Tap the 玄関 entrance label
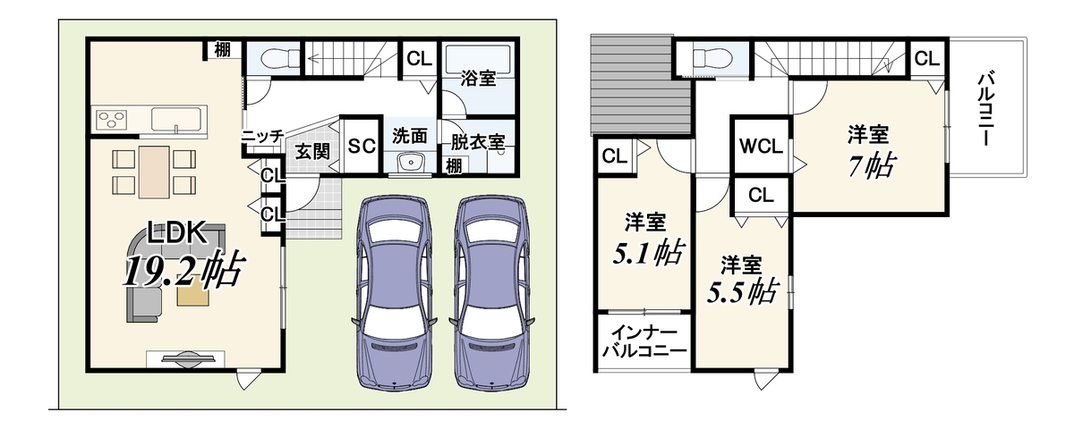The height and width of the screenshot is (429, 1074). pyautogui.click(x=312, y=152)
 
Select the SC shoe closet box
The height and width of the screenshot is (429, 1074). pyautogui.click(x=362, y=146)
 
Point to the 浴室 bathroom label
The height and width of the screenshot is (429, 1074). pyautogui.click(x=478, y=78)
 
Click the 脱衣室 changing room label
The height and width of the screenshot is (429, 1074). pyautogui.click(x=478, y=142)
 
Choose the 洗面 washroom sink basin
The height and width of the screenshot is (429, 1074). pyautogui.click(x=411, y=163)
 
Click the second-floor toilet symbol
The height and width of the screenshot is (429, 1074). pyautogui.click(x=712, y=58)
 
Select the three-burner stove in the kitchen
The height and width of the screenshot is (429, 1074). pyautogui.click(x=112, y=119)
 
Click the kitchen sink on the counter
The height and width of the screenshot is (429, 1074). pyautogui.click(x=176, y=119)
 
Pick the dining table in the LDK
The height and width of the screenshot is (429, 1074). pyautogui.click(x=154, y=172)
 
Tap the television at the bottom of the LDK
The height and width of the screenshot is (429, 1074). pyautogui.click(x=185, y=359)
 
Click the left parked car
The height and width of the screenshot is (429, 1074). pyautogui.click(x=395, y=293)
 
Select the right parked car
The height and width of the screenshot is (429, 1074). pyautogui.click(x=492, y=293)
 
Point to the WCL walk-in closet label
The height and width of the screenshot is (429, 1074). pyautogui.click(x=761, y=146)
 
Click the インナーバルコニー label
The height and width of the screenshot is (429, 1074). pyautogui.click(x=644, y=341)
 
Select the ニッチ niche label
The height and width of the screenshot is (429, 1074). pyautogui.click(x=262, y=136)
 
